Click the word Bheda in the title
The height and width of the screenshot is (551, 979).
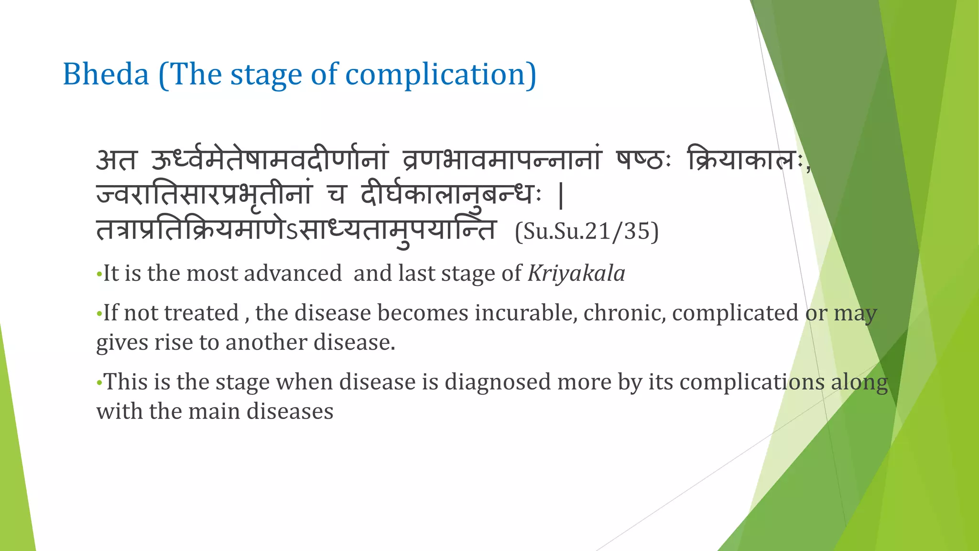[x=106, y=75]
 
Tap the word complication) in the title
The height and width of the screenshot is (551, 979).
[x=441, y=75]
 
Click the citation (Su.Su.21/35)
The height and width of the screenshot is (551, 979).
[x=587, y=231]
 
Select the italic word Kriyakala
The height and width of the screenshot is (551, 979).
[x=576, y=274]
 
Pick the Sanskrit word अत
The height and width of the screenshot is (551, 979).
[x=117, y=160]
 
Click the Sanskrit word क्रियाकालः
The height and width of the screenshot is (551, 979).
[x=746, y=160]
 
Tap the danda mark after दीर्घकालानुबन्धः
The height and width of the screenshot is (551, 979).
[x=561, y=197]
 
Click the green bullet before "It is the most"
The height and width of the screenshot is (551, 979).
[x=99, y=275]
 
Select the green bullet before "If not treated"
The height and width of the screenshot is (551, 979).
[x=99, y=314]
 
